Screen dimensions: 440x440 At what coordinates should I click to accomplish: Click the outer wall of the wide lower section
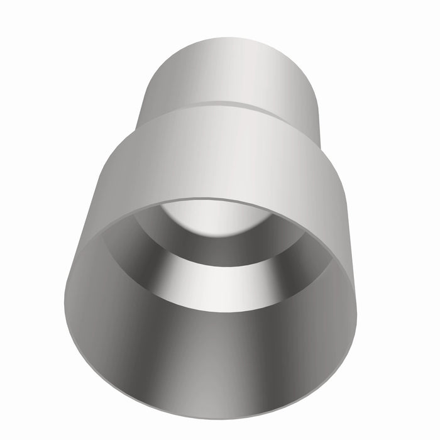coord(214,157)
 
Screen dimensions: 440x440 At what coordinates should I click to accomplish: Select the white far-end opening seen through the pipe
coord(217,217)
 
